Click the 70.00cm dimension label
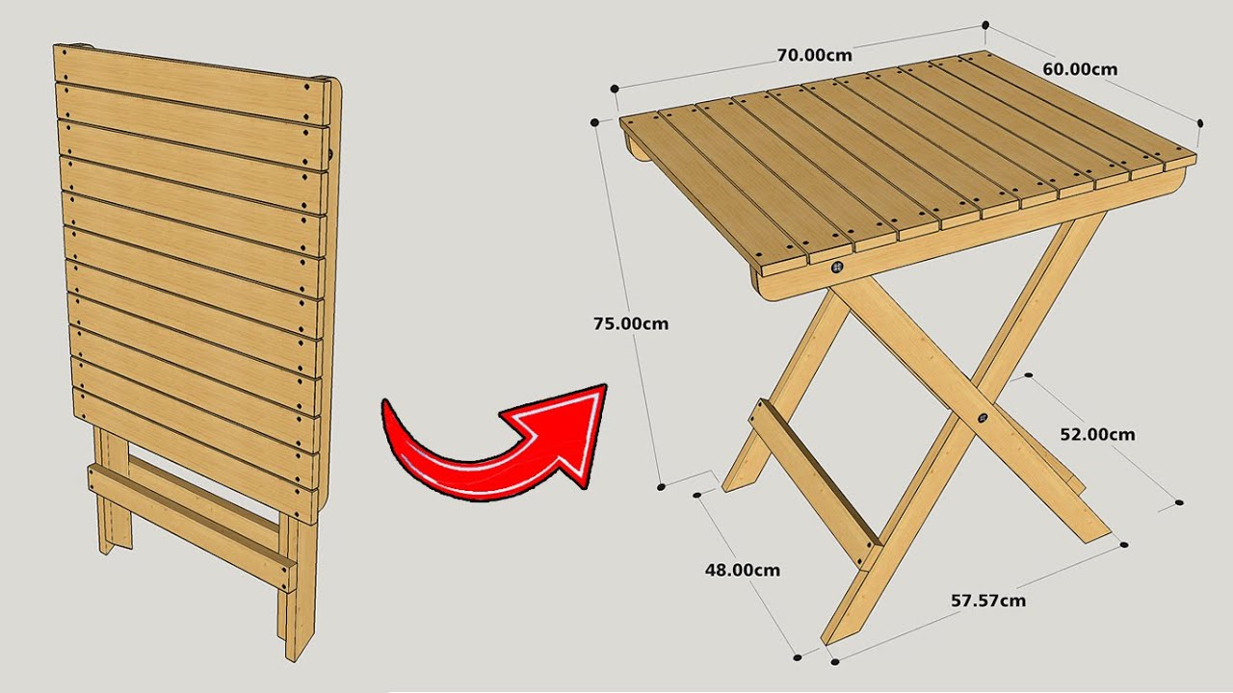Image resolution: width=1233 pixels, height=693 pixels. click(814, 55)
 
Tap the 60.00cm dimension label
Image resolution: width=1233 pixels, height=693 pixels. click(1080, 68)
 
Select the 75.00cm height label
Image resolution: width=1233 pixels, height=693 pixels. click(631, 323)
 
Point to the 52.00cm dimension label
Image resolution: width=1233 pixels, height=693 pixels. click(1097, 434)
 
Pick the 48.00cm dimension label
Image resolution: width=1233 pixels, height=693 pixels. click(742, 570)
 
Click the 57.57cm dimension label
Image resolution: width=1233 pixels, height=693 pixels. click(988, 601)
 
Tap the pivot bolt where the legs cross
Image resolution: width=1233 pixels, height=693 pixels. click(982, 418)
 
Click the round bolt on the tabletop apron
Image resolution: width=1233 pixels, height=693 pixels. click(838, 269)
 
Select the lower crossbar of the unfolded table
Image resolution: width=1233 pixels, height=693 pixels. click(814, 481)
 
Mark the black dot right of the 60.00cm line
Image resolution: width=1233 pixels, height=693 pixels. click(1200, 122)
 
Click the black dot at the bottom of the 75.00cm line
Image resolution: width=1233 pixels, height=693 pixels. click(661, 486)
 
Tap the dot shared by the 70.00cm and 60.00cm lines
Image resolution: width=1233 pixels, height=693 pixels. click(985, 25)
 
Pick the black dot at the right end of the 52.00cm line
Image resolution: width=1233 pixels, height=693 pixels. click(1180, 502)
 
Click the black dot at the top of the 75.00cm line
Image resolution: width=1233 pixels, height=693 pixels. click(595, 122)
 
